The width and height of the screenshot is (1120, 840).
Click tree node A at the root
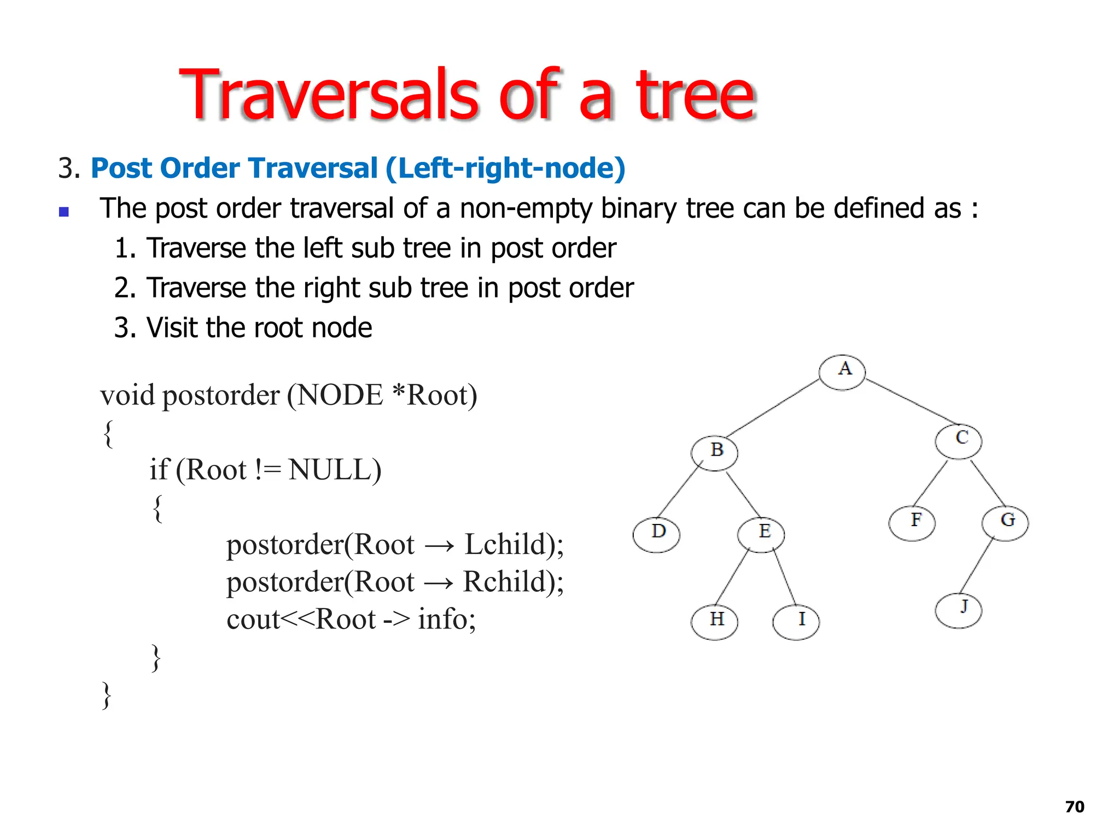[x=842, y=372]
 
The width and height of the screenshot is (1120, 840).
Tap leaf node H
[x=714, y=622]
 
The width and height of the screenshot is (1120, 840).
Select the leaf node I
[x=796, y=622]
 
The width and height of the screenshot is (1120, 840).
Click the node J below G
[x=958, y=610]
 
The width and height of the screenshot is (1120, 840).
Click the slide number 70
[x=1075, y=807]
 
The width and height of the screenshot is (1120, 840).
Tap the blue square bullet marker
[x=64, y=212]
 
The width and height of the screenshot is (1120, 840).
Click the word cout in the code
[x=253, y=619]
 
